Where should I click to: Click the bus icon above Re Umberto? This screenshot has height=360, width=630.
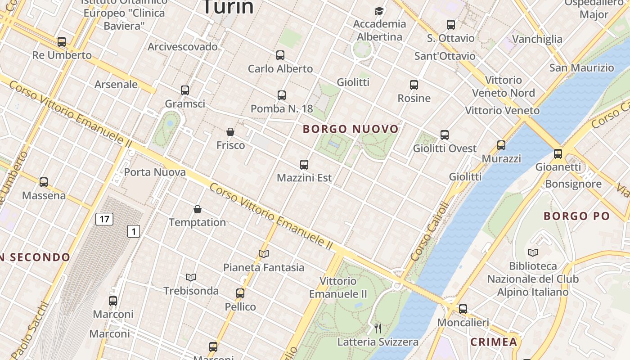point(62,42)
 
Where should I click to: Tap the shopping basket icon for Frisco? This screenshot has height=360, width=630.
point(230,132)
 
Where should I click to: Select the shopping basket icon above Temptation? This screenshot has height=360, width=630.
point(197,209)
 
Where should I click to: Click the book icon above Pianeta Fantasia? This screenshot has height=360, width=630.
point(264,254)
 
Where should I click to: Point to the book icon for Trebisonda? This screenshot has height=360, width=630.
point(191,277)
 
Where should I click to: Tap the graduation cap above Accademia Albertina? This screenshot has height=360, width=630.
point(379,11)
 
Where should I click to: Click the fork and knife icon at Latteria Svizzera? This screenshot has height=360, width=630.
point(378,328)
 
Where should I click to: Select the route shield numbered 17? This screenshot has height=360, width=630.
point(104,219)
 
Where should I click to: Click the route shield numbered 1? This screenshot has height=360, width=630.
point(133,231)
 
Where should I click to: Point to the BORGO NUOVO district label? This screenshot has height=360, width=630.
point(351,129)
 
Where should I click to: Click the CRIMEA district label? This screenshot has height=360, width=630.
point(494,342)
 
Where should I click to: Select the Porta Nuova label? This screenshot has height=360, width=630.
point(155,172)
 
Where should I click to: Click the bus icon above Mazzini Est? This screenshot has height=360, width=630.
point(304,165)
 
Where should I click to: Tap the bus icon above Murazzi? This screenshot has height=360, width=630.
point(501,145)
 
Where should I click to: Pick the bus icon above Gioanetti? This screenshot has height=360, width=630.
point(558,154)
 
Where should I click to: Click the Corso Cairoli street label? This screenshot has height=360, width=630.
point(430,232)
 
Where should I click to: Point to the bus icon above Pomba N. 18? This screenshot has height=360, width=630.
point(282,95)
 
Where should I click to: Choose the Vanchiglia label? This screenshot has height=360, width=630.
point(537,39)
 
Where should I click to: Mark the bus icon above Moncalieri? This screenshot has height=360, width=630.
point(463,309)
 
